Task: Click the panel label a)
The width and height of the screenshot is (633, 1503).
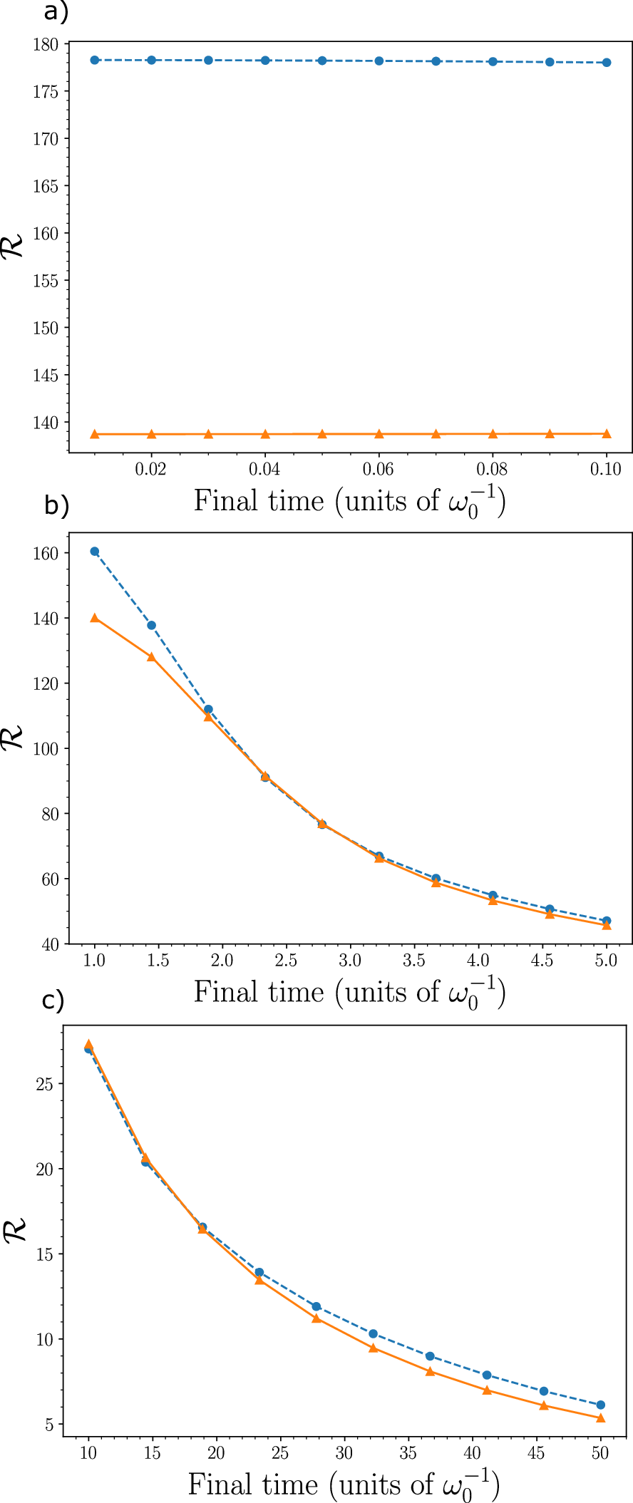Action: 56,13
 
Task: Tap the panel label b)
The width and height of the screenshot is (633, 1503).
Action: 56,505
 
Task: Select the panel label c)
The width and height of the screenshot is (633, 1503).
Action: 53,1001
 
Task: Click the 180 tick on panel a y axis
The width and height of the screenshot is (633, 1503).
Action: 46,44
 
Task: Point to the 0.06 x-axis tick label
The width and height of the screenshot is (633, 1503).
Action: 379,469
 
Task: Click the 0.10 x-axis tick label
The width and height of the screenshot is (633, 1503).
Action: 607,469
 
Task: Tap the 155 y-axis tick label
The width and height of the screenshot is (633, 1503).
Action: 46,281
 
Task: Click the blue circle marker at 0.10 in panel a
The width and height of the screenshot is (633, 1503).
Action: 607,63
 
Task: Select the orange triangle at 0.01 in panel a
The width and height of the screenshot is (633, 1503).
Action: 94,434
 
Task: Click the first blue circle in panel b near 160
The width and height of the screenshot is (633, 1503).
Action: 94,552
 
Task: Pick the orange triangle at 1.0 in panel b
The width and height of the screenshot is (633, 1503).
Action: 94,618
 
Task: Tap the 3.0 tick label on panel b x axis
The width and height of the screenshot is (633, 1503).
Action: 350,961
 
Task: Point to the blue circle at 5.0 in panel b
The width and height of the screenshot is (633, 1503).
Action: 607,921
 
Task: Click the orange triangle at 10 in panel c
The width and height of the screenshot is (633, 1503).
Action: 88,1045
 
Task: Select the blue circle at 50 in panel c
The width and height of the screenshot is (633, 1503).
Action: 601,1405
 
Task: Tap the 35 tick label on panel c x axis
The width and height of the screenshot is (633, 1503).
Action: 408,1453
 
